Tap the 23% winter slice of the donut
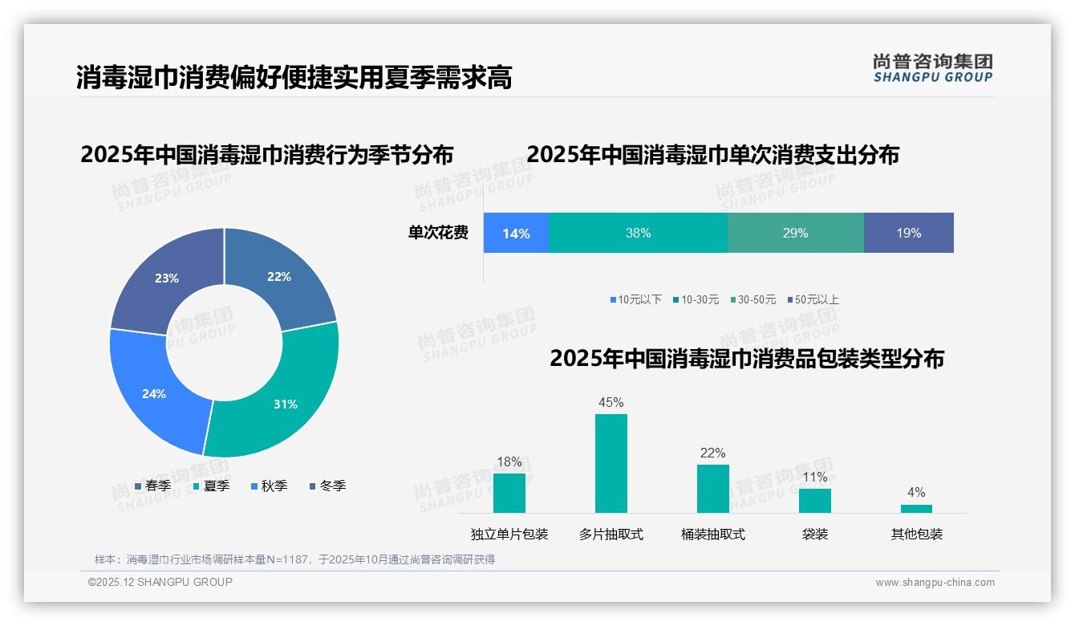pyautogui.click(x=164, y=277)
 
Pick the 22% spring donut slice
pyautogui.click(x=281, y=277)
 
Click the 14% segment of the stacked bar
pyautogui.click(x=516, y=234)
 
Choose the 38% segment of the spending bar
pyautogui.click(x=638, y=234)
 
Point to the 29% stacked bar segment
pyautogui.click(x=795, y=234)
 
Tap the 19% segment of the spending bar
pyautogui.click(x=908, y=234)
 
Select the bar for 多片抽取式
pyautogui.click(x=611, y=463)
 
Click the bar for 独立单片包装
pyautogui.click(x=509, y=493)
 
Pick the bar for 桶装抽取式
pyautogui.click(x=713, y=488)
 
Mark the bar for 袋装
pyautogui.click(x=815, y=500)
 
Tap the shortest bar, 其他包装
pyautogui.click(x=916, y=508)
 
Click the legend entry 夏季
pyautogui.click(x=212, y=486)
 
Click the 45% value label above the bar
pyautogui.click(x=611, y=402)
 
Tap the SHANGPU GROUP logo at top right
pyautogui.click(x=932, y=67)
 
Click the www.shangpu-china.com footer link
pyautogui.click(x=935, y=582)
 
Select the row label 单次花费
pyautogui.click(x=438, y=234)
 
